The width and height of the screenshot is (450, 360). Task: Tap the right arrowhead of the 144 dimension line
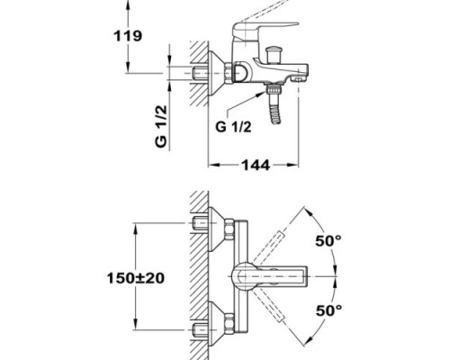tap(294, 166)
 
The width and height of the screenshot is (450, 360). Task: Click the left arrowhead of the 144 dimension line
tap(213, 166)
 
